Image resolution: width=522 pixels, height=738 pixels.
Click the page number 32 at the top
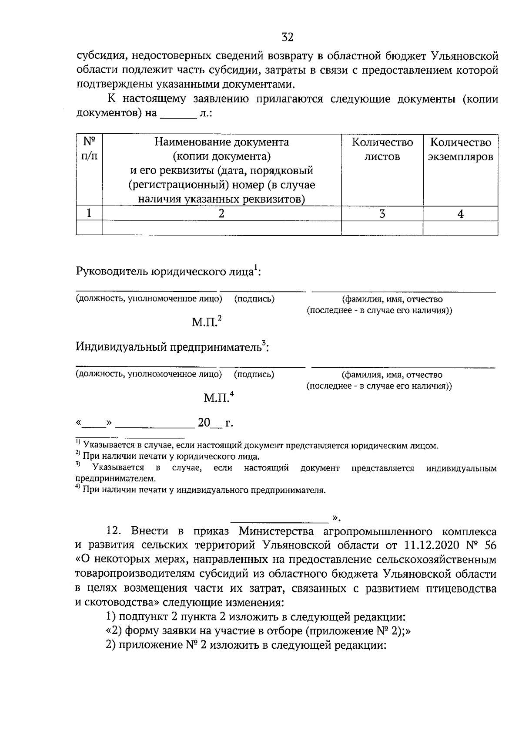pyautogui.click(x=288, y=37)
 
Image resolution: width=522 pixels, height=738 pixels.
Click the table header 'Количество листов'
pyautogui.click(x=382, y=149)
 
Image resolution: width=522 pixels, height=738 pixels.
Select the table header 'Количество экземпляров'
pyautogui.click(x=460, y=149)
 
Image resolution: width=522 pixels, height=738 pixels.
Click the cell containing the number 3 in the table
pyautogui.click(x=382, y=213)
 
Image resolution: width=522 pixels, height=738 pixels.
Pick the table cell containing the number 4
pyautogui.click(x=460, y=213)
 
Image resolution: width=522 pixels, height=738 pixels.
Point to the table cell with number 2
pyautogui.click(x=221, y=213)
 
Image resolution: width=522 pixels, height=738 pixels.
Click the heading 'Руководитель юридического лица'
pyautogui.click(x=167, y=271)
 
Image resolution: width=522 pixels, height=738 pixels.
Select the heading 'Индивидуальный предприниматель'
pyautogui.click(x=171, y=347)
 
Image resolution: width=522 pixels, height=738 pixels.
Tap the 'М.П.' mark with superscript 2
pyautogui.click(x=206, y=322)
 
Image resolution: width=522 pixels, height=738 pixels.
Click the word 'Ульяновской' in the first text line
pyautogui.click(x=464, y=56)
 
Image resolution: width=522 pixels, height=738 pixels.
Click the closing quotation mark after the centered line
pyautogui.click(x=336, y=518)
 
